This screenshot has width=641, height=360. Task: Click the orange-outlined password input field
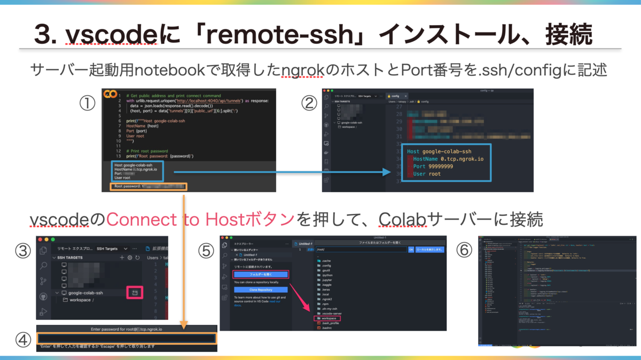click(126, 338)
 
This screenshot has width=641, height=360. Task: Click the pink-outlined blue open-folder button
click(261, 275)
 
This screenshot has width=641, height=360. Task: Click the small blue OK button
click(411, 249)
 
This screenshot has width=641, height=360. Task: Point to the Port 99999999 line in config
click(434, 166)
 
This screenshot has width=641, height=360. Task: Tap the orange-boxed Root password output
click(148, 186)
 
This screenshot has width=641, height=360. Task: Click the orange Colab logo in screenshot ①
click(111, 95)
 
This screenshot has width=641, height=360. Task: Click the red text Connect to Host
click(200, 219)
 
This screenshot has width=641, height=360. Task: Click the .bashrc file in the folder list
click(326, 328)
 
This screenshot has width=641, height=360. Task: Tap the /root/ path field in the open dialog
click(361, 249)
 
